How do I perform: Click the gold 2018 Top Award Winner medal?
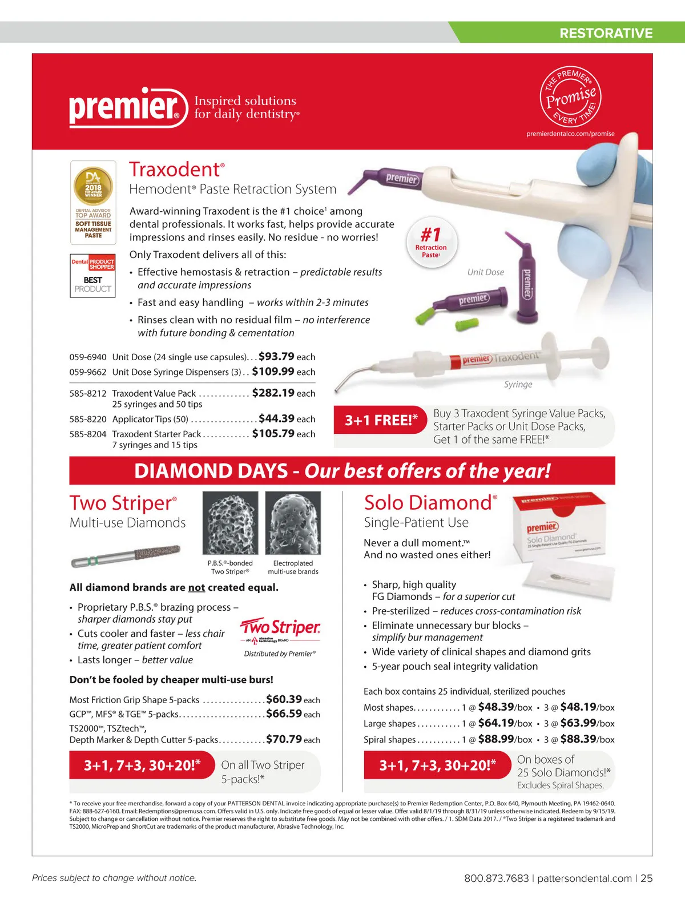[93, 186]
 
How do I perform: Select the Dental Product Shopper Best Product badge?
[92, 276]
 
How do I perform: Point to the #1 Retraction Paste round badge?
[432, 243]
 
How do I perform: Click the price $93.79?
[276, 356]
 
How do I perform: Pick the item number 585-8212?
[87, 393]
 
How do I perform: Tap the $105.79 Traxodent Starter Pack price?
[273, 433]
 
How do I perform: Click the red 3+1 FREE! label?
[381, 420]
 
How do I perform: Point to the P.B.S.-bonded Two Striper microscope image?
[230, 523]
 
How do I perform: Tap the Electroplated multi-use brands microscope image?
[293, 523]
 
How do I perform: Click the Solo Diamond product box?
[559, 526]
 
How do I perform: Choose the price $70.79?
[284, 739]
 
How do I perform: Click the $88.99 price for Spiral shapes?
[496, 739]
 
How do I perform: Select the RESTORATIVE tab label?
[606, 33]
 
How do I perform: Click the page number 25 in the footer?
[647, 878]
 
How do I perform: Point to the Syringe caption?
[518, 384]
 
